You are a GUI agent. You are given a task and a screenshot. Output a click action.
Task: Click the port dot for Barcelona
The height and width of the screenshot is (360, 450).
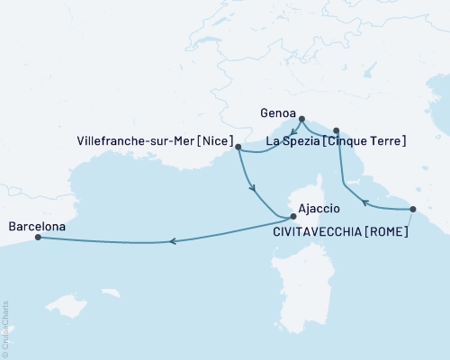[x=38, y=238]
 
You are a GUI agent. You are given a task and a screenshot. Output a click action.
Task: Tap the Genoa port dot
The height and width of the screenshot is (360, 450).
[x=301, y=119]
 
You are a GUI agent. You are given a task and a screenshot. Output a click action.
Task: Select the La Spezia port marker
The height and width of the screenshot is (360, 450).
[x=336, y=130]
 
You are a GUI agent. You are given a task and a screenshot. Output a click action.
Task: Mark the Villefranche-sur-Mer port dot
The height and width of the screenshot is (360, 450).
[x=238, y=146]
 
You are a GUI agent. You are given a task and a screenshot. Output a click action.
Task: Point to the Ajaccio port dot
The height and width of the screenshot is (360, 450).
[x=292, y=217]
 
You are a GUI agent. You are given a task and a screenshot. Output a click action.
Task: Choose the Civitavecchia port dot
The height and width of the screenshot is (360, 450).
[x=413, y=209]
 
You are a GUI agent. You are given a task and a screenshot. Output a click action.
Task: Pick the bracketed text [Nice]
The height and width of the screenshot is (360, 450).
[x=218, y=141]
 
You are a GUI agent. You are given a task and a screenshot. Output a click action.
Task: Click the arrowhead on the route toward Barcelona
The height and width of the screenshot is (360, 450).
[x=173, y=241]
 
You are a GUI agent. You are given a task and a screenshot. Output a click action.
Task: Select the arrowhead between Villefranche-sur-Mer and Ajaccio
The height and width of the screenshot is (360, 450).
[x=254, y=188]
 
